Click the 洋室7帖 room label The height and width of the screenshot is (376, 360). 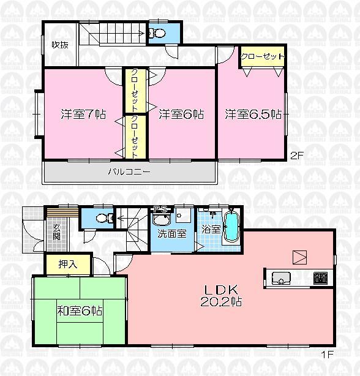pyautogui.click(x=83, y=114)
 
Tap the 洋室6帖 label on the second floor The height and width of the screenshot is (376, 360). pyautogui.click(x=181, y=114)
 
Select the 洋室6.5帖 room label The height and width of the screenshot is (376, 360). pyautogui.click(x=252, y=114)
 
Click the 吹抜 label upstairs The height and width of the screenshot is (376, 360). pyautogui.click(x=59, y=44)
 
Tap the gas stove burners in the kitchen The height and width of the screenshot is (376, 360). pyautogui.click(x=320, y=278)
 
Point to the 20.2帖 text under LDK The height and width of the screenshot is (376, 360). pyautogui.click(x=212, y=301)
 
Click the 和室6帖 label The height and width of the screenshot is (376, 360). pyautogui.click(x=78, y=311)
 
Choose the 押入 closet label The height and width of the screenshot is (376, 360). pyautogui.click(x=67, y=265)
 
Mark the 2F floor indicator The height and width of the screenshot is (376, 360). pyautogui.click(x=297, y=156)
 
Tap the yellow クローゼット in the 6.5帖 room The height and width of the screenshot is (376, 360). pyautogui.click(x=263, y=56)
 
